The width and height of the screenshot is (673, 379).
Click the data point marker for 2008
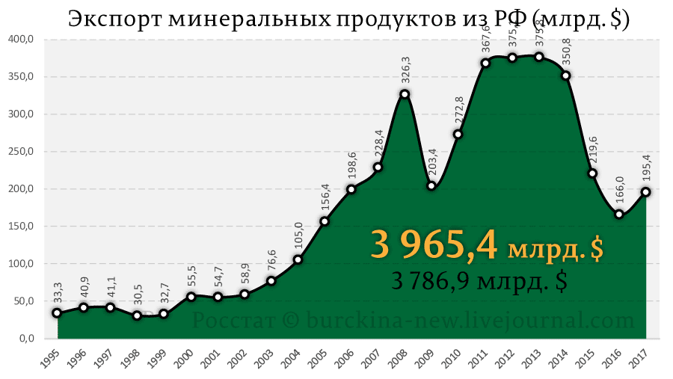(x=405, y=94)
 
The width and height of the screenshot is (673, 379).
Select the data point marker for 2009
(x=431, y=185)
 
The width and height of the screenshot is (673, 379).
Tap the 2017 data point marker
(x=646, y=192)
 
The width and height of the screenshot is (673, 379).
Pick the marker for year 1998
(x=137, y=315)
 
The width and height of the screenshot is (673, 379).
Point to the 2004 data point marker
(x=298, y=259)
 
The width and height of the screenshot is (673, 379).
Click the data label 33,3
(x=58, y=291)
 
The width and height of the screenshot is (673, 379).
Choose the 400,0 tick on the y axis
(x=22, y=40)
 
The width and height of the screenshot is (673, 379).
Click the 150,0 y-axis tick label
(x=22, y=227)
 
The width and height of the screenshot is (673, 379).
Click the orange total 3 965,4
(x=434, y=246)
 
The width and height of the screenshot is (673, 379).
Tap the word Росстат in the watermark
(x=234, y=321)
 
